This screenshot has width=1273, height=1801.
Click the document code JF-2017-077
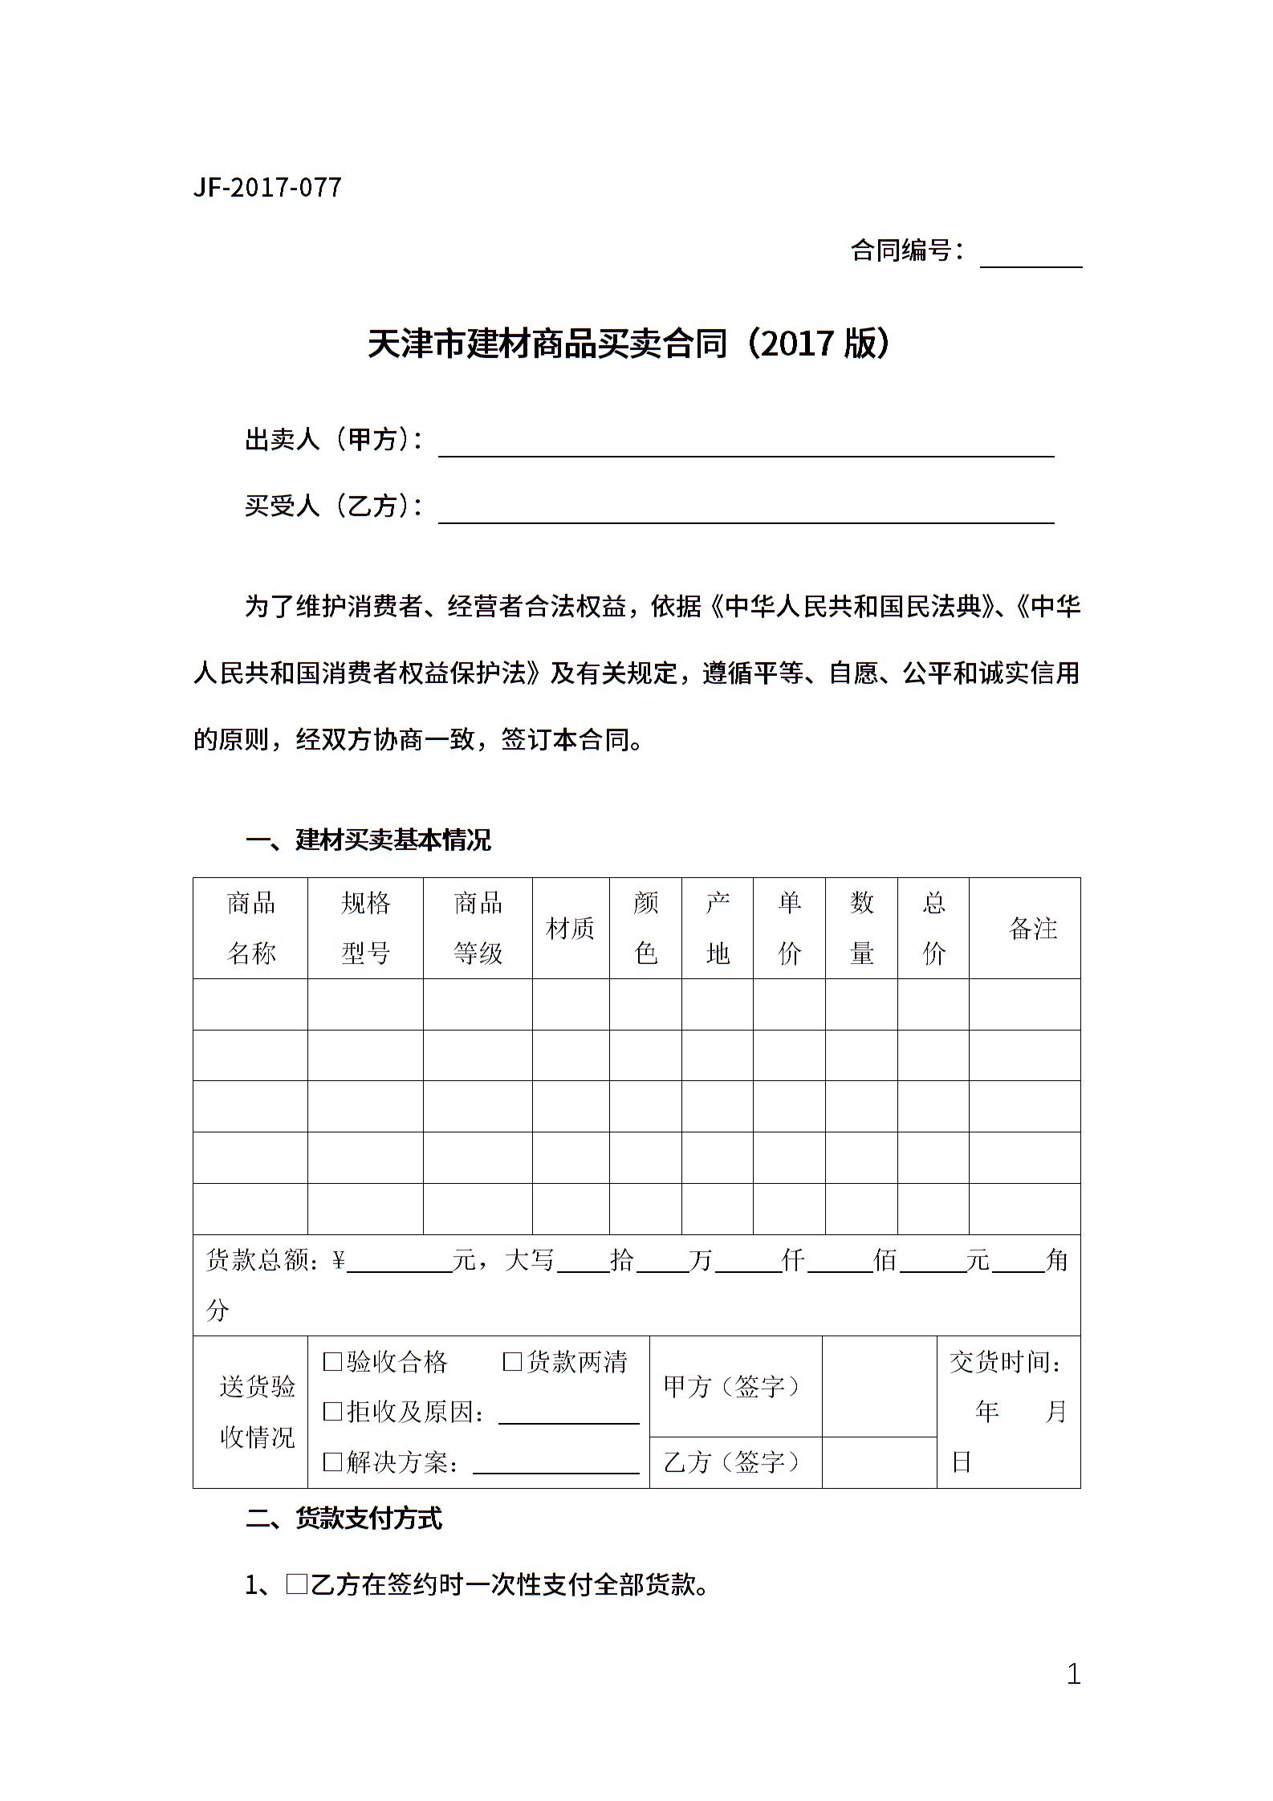(x=267, y=188)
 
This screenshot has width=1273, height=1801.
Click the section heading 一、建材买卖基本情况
(x=368, y=840)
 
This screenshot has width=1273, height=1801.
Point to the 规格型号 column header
(x=365, y=928)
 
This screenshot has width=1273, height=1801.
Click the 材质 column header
(x=570, y=929)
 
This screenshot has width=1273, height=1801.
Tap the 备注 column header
(x=1032, y=929)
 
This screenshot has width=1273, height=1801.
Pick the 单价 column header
(x=789, y=928)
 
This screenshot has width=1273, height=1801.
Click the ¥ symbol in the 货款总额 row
(x=338, y=1261)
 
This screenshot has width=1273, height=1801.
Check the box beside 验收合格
(x=332, y=1362)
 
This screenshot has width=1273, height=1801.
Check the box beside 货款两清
(x=512, y=1362)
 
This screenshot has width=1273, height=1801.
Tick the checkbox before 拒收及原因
(x=332, y=1412)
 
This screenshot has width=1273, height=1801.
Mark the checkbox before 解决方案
(x=332, y=1462)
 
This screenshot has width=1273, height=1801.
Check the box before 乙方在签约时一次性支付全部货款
(x=297, y=1585)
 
